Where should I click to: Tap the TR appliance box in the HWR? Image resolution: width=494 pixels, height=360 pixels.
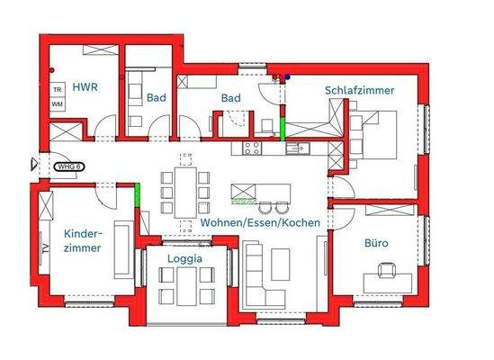(x=57, y=90)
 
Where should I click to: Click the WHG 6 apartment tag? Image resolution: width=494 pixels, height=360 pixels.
(x=67, y=166)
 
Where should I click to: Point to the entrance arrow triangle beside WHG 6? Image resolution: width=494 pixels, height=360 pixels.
(x=35, y=165)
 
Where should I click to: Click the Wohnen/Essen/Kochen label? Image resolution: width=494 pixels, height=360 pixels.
(x=261, y=221)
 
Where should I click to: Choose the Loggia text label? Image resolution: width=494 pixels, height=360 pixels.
(x=184, y=257)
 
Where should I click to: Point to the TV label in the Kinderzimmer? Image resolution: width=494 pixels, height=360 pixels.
(x=42, y=247)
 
